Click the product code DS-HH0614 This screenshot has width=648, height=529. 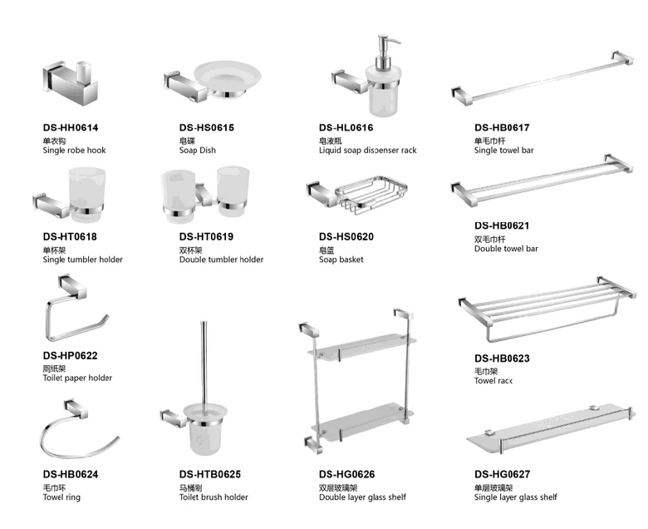coord(70,128)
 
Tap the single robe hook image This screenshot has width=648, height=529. coord(64,81)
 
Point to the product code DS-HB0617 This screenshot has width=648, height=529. coord(502,128)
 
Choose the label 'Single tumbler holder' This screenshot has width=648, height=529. coord(82,260)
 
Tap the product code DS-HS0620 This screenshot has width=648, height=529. coord(346,237)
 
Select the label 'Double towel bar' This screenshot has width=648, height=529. coord(506,249)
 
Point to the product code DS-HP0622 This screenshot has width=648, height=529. coord(70,355)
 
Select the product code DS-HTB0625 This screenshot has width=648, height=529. coord(209,474)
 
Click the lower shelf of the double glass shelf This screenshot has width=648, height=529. coord(361,414)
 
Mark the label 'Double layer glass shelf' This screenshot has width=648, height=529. coord(362,497)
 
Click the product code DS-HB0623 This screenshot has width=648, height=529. coord(502,358)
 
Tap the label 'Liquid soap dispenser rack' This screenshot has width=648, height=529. coord(367,151)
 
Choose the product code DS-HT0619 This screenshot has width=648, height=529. coord(206,237)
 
